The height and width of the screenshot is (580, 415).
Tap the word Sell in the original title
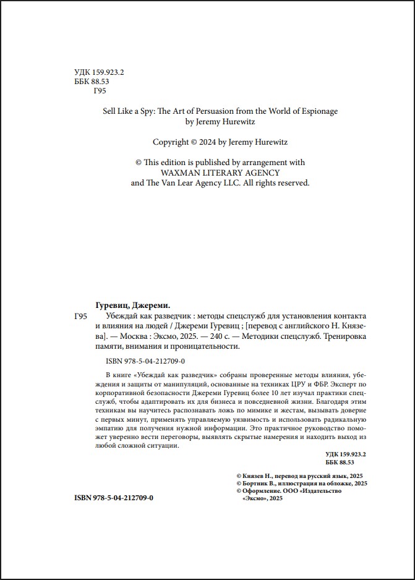point(110,111)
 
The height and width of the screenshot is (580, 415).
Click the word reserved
point(289,183)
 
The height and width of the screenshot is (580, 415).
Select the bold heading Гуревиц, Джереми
point(134,306)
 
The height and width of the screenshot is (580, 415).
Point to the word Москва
point(137,337)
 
